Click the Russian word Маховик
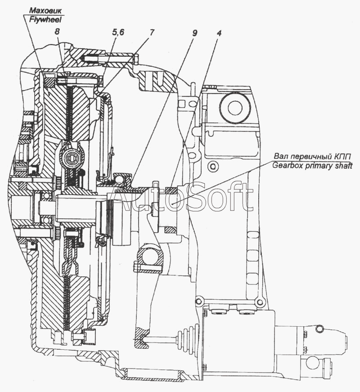pos(45,11)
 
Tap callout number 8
pos(57,32)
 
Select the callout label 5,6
pos(118,32)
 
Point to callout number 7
pos(152,32)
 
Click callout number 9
pos(195,33)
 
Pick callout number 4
pos(219,33)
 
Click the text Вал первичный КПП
pos(312,157)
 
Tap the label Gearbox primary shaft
pos(312,166)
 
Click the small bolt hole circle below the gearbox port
pos(213,166)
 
